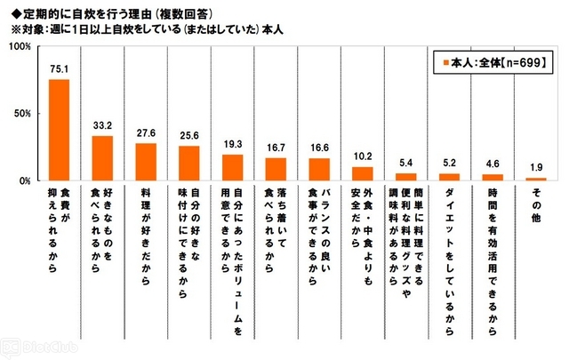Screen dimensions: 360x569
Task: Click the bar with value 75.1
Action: [59, 130]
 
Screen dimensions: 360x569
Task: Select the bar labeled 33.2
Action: [102, 158]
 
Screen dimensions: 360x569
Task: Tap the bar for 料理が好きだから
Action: [146, 162]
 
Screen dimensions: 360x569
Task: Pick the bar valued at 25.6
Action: [188, 164]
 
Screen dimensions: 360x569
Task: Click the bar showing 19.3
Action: [232, 168]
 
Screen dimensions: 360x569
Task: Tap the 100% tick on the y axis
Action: [21, 46]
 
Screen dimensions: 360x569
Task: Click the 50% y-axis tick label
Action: [23, 114]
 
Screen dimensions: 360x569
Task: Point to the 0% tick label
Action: [26, 180]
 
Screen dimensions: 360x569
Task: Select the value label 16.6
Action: [318, 150]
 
